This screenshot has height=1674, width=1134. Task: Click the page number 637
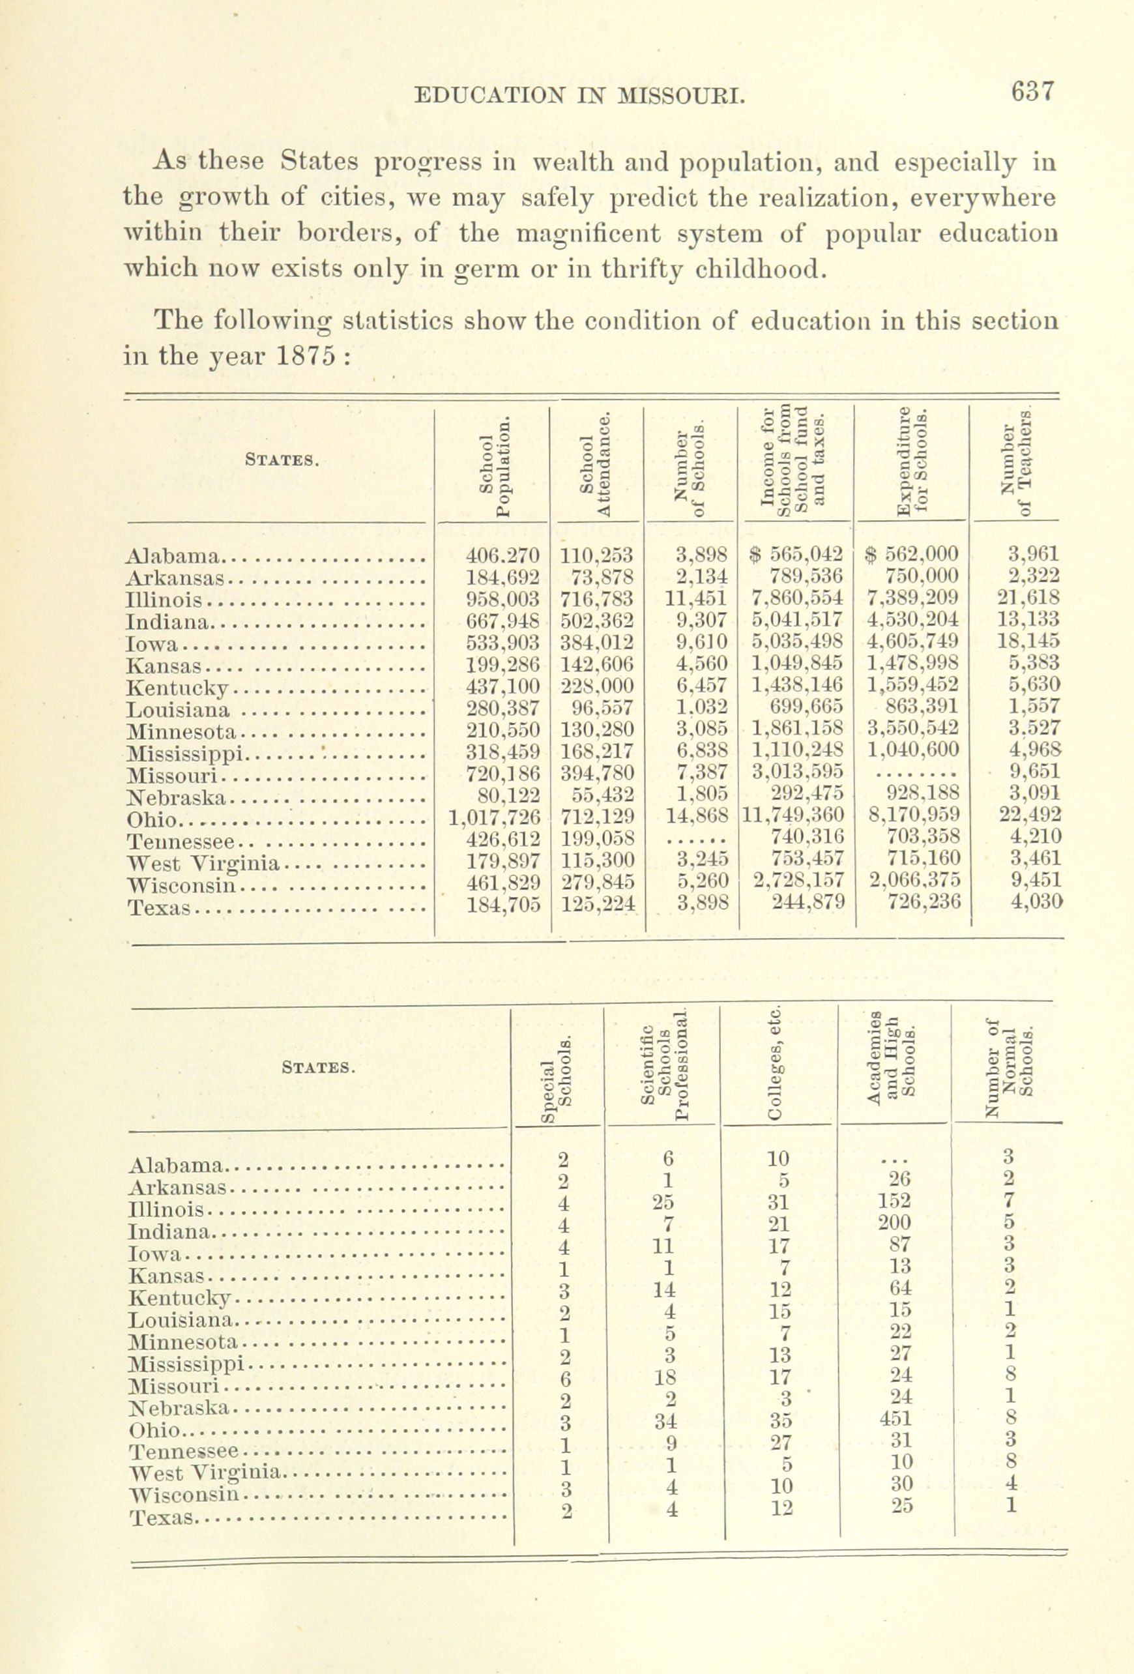point(1032,93)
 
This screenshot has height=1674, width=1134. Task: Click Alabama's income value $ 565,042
point(795,555)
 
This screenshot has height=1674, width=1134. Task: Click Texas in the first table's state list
point(159,908)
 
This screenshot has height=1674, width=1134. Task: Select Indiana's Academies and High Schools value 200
point(895,1242)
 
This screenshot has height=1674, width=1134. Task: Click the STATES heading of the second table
point(319,1068)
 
